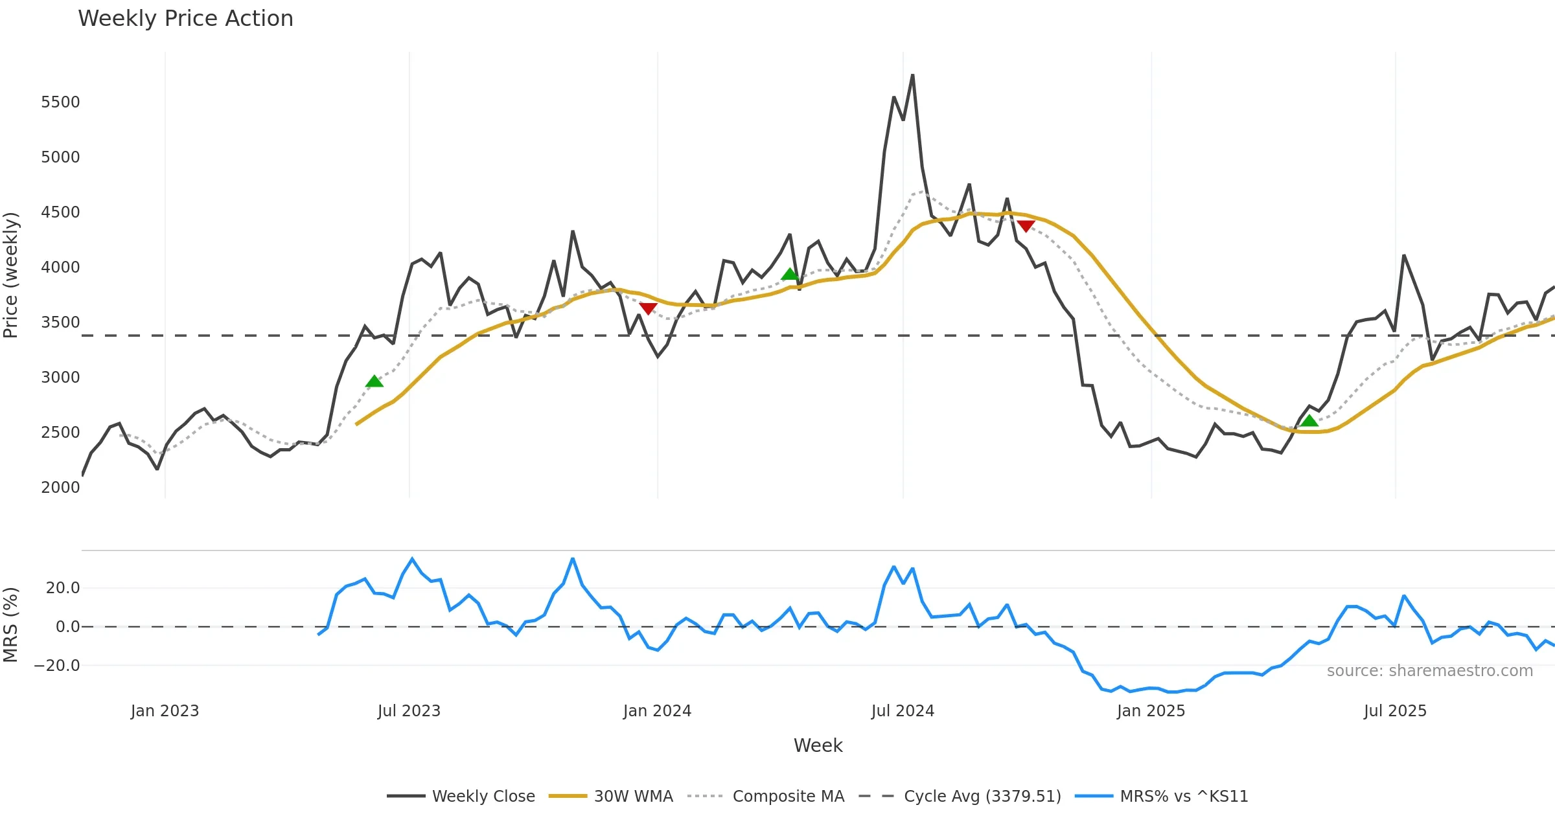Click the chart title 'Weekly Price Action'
185,19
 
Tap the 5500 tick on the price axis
60,102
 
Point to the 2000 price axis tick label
60,488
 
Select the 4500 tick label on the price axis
60,212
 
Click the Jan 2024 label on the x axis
657,711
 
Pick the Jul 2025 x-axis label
1395,711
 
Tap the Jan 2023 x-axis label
165,711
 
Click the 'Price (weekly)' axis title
11,275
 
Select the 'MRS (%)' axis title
11,625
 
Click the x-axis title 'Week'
818,746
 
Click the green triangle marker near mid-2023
374,381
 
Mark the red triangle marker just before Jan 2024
648,308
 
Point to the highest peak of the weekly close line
912,75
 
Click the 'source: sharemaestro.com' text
1429,671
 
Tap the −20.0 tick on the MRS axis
57,666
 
